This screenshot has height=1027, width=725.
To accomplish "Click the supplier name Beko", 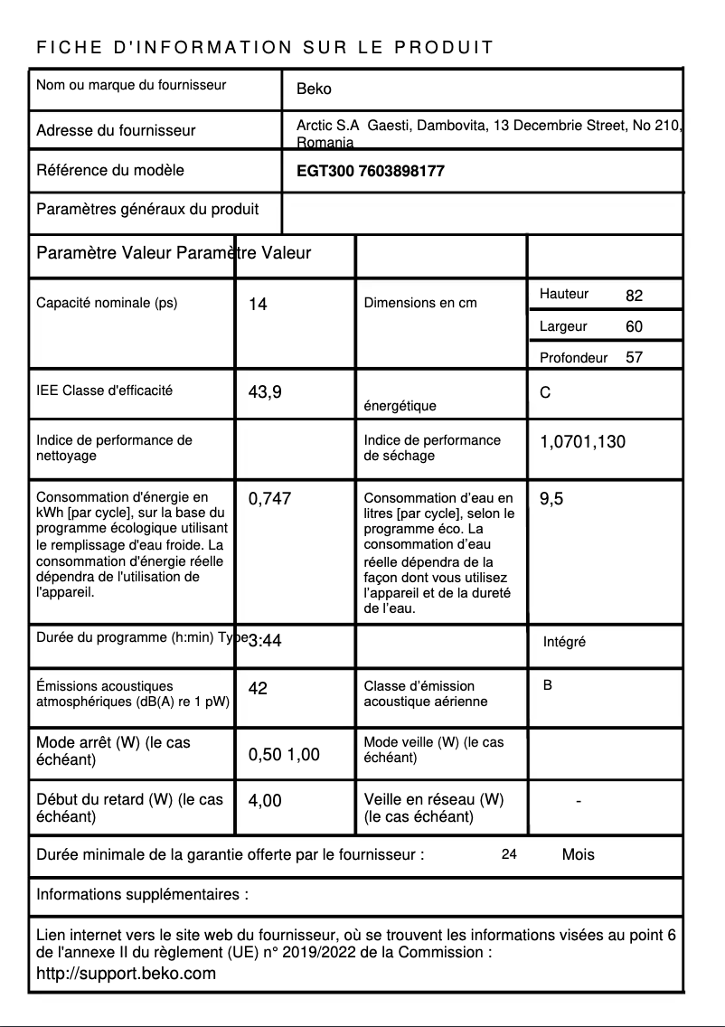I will [x=314, y=90].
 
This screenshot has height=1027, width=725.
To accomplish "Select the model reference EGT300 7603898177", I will [x=371, y=171].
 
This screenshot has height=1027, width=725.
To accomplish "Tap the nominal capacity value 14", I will [x=258, y=305].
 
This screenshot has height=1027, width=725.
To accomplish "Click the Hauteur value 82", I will [x=634, y=297].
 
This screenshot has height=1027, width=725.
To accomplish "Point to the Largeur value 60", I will [x=634, y=326].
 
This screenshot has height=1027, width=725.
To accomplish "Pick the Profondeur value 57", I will [x=634, y=357].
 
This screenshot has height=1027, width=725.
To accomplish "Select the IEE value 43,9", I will [x=265, y=392].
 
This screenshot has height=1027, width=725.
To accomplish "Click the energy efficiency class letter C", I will [x=545, y=393].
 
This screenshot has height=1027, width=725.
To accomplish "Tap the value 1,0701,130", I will [x=582, y=442].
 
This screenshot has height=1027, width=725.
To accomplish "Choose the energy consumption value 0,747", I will [x=269, y=498].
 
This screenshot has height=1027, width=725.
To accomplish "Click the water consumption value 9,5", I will [x=551, y=498].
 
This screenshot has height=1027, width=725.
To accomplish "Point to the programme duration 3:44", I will [x=265, y=641].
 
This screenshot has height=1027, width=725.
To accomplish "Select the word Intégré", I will [x=564, y=642].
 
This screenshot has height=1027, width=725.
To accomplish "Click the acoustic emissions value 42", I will [x=258, y=689].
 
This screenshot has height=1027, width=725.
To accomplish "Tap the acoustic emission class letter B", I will [x=548, y=685].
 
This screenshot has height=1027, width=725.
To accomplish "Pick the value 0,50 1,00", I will [x=284, y=755].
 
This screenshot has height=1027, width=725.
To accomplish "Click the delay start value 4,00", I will [x=265, y=800].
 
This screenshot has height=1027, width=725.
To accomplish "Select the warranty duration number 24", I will [x=509, y=854].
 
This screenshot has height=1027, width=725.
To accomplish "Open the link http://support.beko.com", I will [x=126, y=974].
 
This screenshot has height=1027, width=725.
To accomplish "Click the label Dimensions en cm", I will [x=419, y=303].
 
